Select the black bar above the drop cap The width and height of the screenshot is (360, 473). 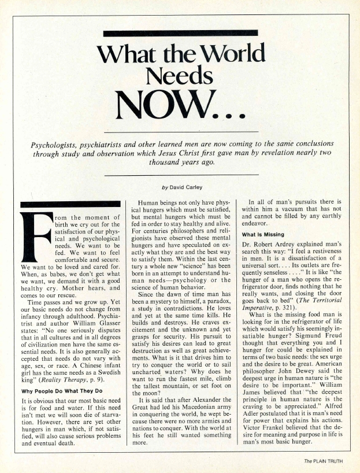[x=62, y=204]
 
